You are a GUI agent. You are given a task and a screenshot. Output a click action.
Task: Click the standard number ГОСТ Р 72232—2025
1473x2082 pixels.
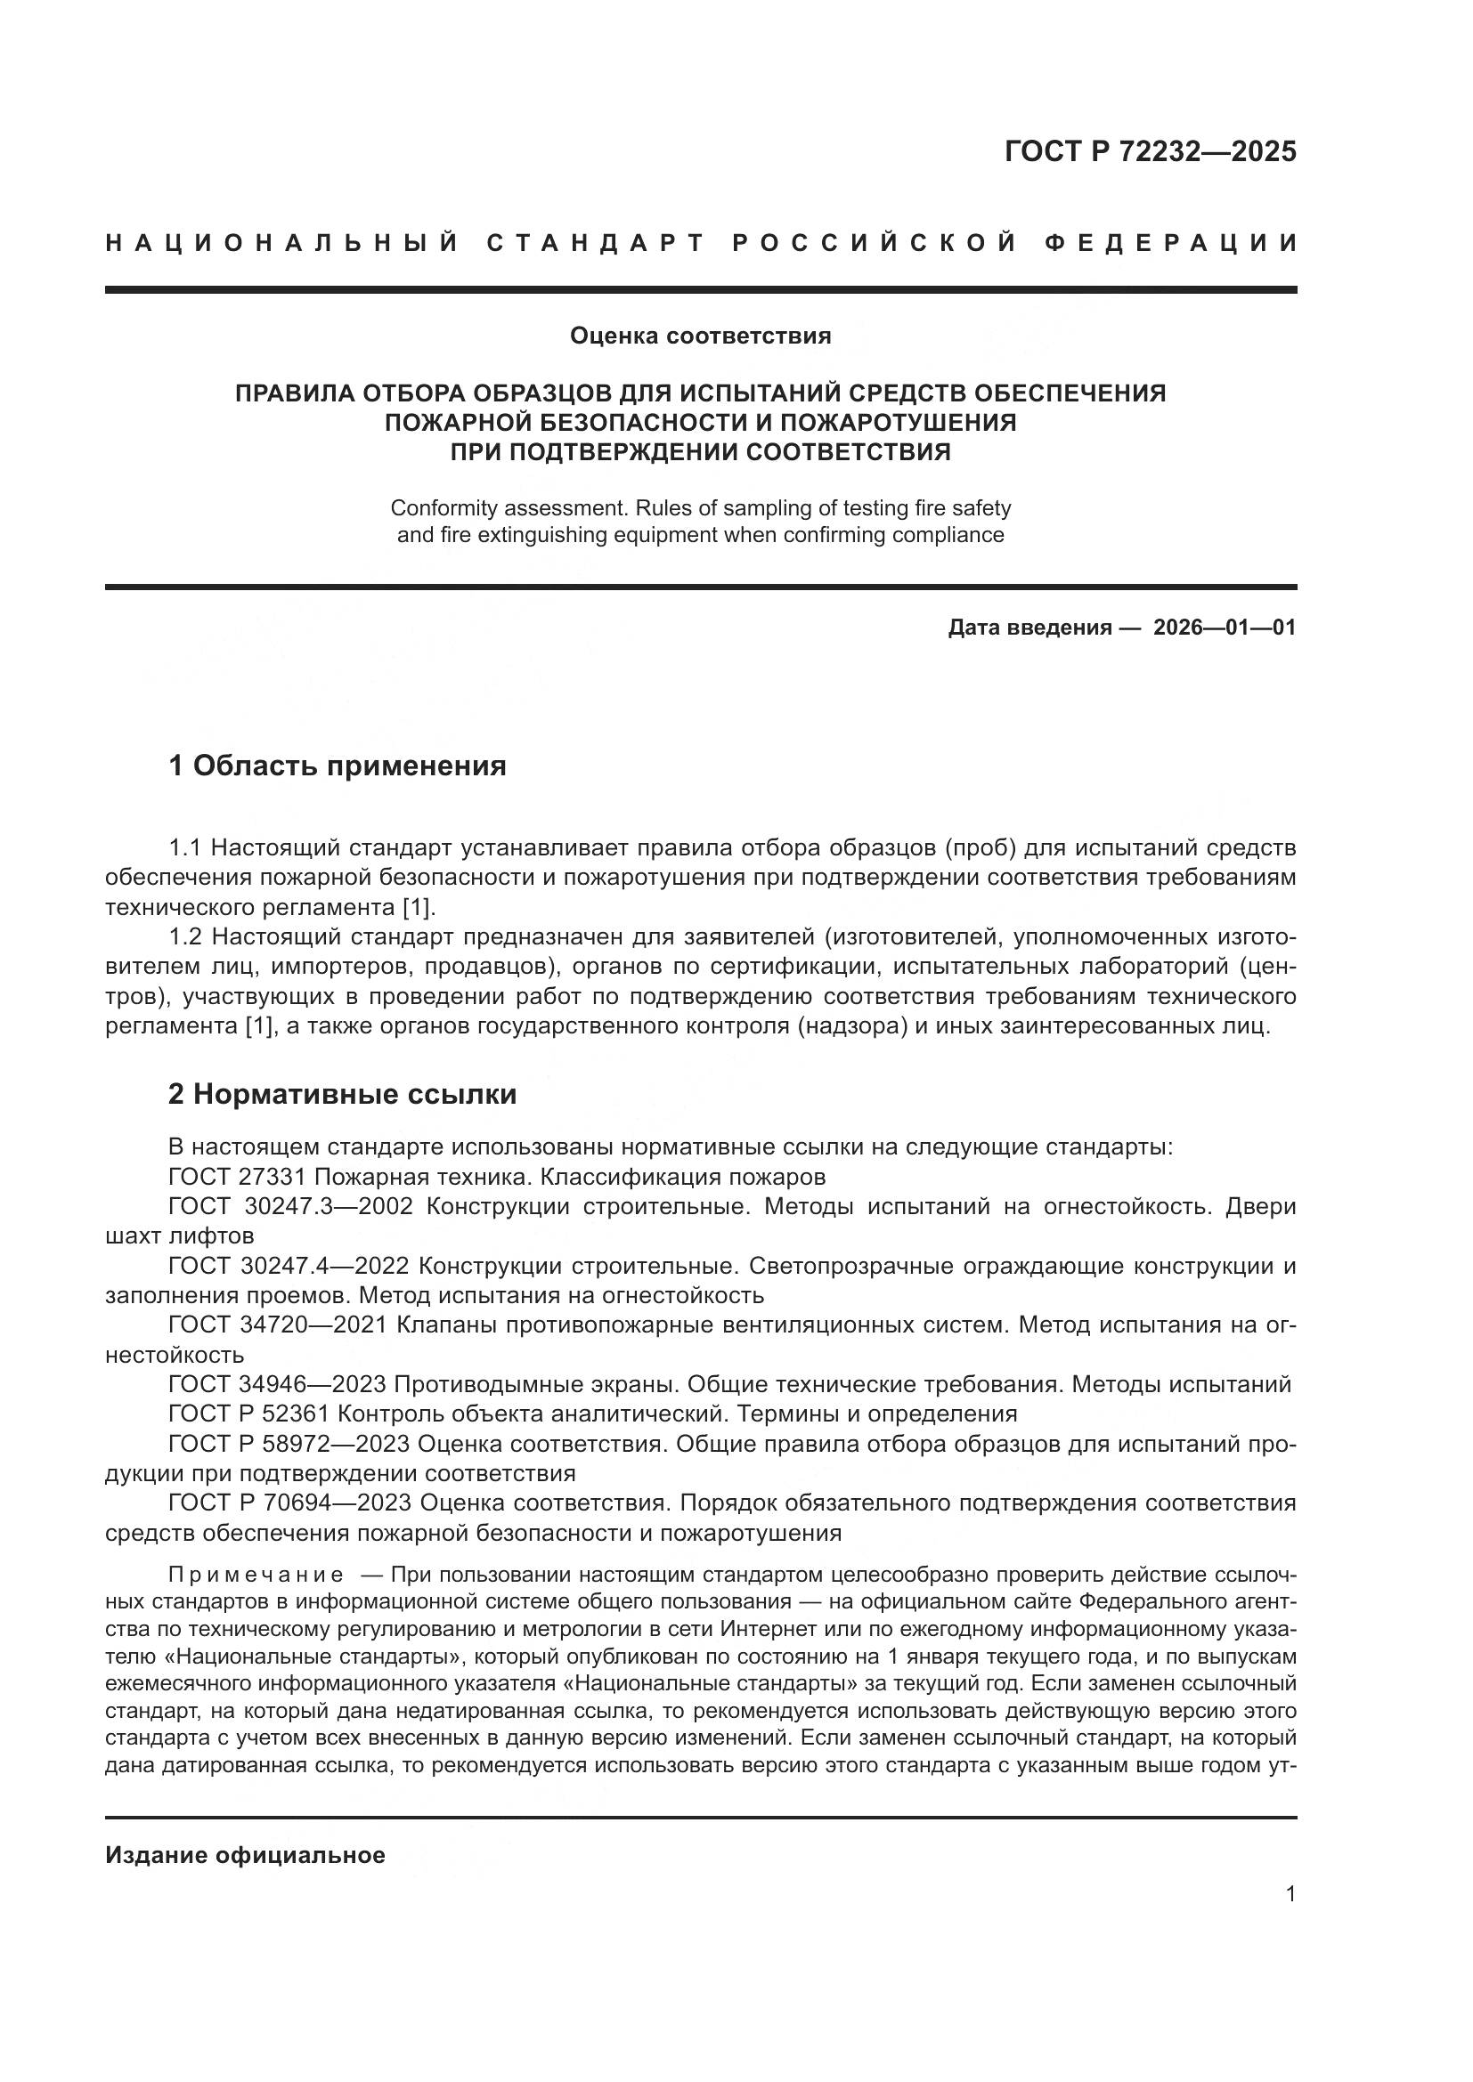pos(1150,151)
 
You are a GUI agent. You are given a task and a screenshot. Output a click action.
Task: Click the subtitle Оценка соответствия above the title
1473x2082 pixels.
pos(700,336)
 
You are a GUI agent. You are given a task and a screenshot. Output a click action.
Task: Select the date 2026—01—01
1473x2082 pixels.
pos(1225,628)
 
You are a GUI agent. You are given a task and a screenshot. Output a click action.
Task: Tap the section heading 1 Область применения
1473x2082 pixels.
pos(338,766)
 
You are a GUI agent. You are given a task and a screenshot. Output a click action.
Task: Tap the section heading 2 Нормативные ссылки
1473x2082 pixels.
pos(342,1095)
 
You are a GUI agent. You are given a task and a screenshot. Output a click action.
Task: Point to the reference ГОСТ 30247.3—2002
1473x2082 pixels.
pos(290,1207)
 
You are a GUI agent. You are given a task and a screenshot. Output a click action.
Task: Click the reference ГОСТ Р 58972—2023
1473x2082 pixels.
pos(289,1444)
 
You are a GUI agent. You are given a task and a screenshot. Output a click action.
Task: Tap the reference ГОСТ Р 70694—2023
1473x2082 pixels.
pos(289,1503)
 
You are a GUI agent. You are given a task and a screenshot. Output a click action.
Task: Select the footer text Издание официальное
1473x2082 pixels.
pos(245,1855)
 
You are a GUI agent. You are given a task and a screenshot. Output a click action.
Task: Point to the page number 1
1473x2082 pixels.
pos(1290,1894)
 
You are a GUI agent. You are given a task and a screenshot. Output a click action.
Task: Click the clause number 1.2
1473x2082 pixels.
pos(186,936)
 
